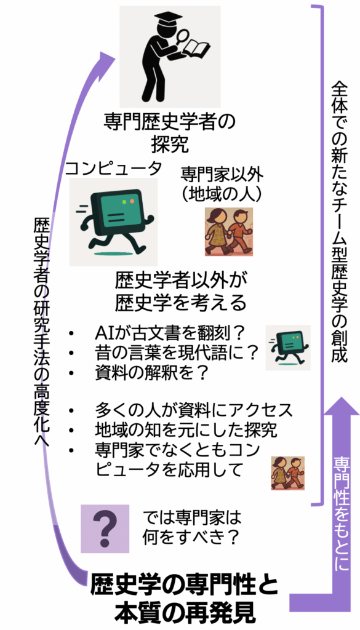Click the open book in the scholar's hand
(x=198, y=49)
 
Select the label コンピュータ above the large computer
(x=114, y=167)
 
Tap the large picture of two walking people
(x=229, y=231)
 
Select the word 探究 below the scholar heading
(x=170, y=145)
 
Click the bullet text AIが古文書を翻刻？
(x=170, y=333)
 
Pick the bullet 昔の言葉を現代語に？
(x=177, y=353)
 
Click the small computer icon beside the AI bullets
(x=287, y=348)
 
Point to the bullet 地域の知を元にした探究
(x=186, y=430)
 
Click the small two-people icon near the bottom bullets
(x=287, y=473)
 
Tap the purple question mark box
(x=105, y=528)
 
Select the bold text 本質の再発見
(x=185, y=613)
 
